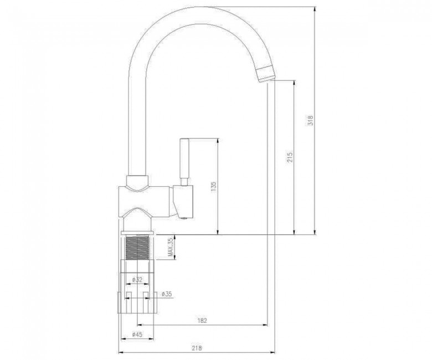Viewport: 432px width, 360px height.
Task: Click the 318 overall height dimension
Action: click(x=311, y=121)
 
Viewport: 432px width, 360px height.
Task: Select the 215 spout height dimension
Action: click(x=290, y=157)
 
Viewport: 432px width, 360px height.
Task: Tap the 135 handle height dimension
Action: click(x=214, y=187)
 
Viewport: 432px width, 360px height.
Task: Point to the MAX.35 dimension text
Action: click(x=171, y=248)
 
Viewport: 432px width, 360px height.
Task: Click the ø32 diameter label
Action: click(x=137, y=280)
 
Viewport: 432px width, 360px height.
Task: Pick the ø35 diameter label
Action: click(x=167, y=294)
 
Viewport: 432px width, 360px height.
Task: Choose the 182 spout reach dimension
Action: click(x=202, y=320)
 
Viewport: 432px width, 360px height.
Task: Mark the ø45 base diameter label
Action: click(x=137, y=335)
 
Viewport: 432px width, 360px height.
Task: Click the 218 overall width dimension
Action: click(x=197, y=348)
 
